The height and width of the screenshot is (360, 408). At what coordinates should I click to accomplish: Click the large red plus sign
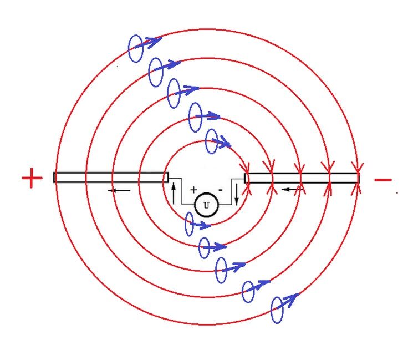[32, 178]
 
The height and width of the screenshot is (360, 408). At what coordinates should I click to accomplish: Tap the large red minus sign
[382, 180]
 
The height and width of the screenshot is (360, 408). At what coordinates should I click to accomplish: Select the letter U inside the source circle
[206, 205]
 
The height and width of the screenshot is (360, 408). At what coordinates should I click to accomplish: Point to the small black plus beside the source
[193, 190]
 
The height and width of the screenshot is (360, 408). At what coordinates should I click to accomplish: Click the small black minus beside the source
[221, 190]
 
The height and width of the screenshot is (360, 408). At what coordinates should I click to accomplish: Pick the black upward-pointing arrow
[174, 194]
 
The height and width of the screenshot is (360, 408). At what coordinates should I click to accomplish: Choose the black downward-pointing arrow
[237, 194]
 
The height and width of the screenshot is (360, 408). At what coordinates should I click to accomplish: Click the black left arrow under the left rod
[119, 191]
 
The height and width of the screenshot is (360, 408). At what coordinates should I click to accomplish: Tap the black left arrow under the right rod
[292, 190]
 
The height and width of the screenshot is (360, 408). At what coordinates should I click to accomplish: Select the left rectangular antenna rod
[111, 178]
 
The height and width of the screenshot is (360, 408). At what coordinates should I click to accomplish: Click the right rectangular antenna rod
[302, 178]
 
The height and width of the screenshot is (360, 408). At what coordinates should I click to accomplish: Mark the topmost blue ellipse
[136, 49]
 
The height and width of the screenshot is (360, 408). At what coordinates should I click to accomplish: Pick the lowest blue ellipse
[277, 310]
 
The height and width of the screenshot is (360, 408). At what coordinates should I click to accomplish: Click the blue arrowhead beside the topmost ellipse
[155, 42]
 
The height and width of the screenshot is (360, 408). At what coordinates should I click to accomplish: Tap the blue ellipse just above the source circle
[212, 141]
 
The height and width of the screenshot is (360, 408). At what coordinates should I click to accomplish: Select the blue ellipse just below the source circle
[189, 224]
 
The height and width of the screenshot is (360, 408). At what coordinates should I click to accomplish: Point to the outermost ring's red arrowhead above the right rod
[358, 166]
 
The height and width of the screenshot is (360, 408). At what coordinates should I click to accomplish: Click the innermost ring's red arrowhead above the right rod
[245, 168]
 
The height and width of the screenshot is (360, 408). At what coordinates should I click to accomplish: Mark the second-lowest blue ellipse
[248, 292]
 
